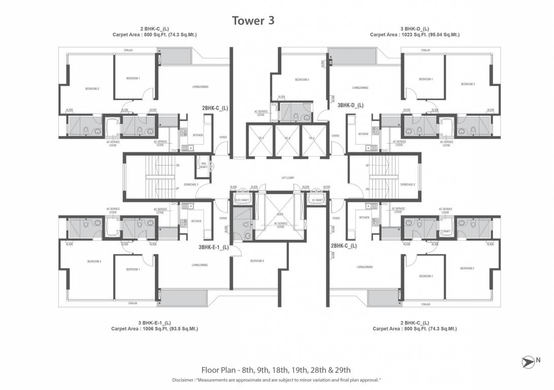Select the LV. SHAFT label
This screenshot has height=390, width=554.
click(317, 201)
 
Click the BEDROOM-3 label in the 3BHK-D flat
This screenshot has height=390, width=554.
click(302, 80)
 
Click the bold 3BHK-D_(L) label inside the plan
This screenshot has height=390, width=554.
click(350, 106)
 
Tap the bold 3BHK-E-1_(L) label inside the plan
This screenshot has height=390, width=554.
click(213, 248)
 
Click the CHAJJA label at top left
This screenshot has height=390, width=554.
click(128, 50)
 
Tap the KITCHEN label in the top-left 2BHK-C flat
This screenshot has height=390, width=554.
click(198, 135)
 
